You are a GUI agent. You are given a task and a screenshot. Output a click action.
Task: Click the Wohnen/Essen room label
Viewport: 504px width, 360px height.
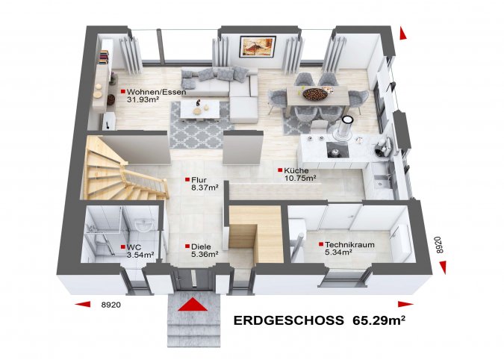tap(156, 93)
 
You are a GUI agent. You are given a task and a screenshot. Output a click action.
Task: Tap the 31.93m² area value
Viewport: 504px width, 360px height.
tap(143, 99)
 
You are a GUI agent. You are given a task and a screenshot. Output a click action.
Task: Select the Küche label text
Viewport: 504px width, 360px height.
tap(296, 170)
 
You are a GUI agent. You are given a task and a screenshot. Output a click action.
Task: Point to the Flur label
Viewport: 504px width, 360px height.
tap(199, 180)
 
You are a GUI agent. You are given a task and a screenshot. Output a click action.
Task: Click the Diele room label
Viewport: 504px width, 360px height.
tap(201, 247)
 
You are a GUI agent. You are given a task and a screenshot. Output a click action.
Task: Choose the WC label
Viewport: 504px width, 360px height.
tap(134, 247)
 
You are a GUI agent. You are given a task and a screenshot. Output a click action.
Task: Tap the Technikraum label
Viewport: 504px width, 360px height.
tap(349, 245)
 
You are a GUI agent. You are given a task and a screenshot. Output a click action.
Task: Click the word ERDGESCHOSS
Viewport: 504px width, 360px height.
tap(288, 320)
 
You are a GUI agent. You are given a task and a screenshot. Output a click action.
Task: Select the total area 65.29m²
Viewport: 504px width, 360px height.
tap(379, 320)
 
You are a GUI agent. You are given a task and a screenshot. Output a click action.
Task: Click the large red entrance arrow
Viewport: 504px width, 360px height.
tap(193, 305)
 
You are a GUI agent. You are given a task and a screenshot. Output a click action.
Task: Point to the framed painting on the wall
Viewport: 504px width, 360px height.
tap(258, 46)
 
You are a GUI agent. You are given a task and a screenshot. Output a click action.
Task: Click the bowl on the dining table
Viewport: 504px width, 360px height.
tap(314, 94)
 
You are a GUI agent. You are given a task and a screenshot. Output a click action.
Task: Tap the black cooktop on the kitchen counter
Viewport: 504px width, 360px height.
tap(337, 149)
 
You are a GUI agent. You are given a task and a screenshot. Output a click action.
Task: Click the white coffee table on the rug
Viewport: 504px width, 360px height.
tap(200, 111)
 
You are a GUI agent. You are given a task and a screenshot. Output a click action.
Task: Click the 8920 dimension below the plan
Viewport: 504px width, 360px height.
tap(111, 305)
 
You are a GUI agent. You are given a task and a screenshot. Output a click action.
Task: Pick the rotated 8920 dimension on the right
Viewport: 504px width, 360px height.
tap(440, 245)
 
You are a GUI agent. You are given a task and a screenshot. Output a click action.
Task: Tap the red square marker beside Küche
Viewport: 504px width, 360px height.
tap(280, 170)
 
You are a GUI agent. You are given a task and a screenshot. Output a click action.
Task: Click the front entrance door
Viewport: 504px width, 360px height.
tap(193, 279)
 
